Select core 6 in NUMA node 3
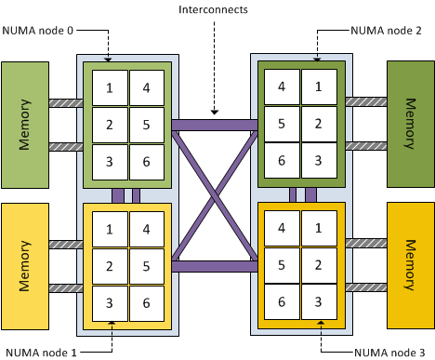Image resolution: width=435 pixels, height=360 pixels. point(282,301)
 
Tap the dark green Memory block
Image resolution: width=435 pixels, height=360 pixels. point(410,125)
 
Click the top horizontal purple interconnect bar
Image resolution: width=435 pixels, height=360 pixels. point(214,125)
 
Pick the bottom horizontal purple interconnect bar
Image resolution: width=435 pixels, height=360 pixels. point(214,266)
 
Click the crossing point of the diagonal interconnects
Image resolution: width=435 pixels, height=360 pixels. point(214,195)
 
